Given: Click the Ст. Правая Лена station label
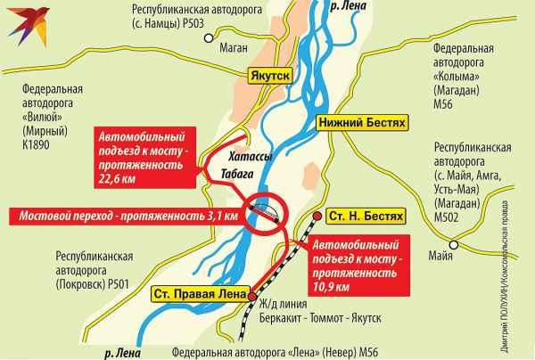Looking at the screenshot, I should click(195, 293).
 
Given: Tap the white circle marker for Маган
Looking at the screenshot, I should click(209, 38).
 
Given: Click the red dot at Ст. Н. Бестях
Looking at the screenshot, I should click(318, 217).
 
